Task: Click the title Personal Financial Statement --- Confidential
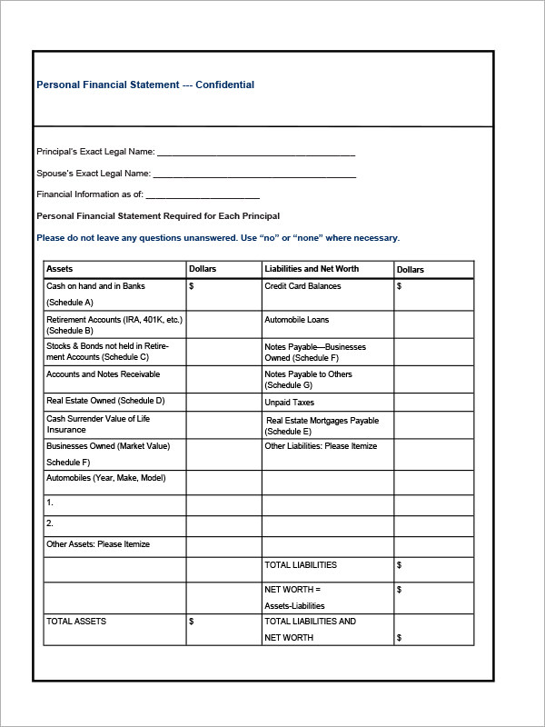(145, 85)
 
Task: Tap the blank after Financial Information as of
(203, 195)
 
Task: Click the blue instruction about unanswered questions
(218, 238)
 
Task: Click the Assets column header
(60, 269)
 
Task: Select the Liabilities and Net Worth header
(312, 269)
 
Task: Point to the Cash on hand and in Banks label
(95, 286)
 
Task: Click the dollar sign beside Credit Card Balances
(400, 286)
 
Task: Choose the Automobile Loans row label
(297, 320)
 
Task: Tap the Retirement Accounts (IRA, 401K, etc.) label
(114, 320)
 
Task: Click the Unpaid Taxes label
(289, 403)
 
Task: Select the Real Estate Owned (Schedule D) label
(105, 400)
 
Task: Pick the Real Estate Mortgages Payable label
(322, 421)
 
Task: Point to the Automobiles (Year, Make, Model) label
(105, 478)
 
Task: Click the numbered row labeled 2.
(50, 523)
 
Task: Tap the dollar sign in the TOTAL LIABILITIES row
(400, 565)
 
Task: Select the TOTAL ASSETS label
(76, 622)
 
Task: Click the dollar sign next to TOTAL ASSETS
(191, 622)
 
